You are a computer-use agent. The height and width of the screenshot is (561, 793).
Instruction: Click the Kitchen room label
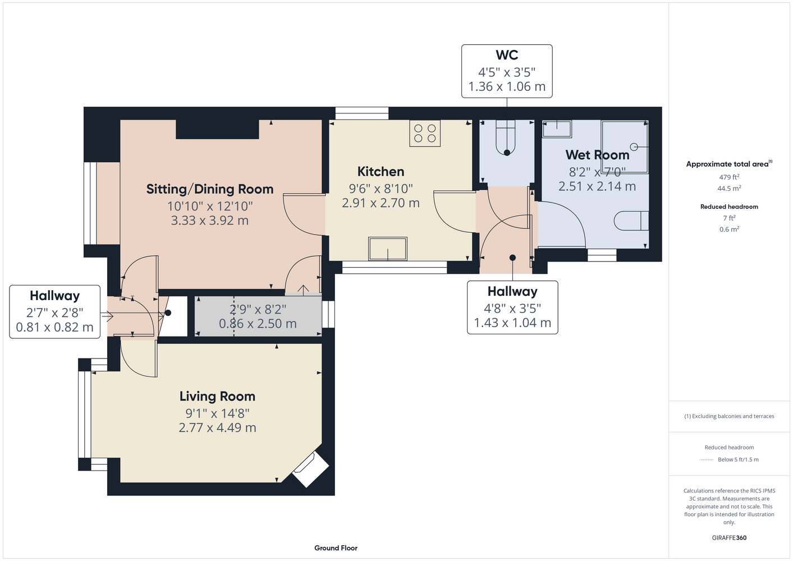(x=381, y=172)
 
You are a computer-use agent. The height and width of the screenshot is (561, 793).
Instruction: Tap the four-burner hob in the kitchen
(x=425, y=134)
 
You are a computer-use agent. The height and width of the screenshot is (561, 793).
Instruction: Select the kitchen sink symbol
(x=388, y=249)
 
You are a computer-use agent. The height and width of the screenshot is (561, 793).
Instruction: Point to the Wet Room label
(x=597, y=155)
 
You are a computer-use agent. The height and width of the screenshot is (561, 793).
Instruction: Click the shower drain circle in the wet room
(x=634, y=146)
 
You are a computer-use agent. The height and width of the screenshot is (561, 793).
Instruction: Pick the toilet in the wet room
(x=631, y=221)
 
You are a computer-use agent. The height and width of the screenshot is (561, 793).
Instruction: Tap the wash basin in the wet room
(x=557, y=129)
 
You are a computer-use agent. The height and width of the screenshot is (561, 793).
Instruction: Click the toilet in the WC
(x=507, y=137)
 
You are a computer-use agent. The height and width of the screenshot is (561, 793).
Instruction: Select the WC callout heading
(x=507, y=55)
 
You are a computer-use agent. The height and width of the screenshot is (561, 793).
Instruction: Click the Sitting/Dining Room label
(x=210, y=189)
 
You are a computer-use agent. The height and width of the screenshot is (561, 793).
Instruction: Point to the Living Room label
(x=217, y=397)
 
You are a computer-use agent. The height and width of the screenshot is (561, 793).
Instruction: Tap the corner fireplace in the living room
(x=310, y=470)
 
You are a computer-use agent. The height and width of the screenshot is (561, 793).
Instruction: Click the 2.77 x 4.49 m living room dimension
(x=217, y=427)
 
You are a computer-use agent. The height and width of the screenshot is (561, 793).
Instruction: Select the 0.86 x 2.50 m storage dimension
(x=258, y=324)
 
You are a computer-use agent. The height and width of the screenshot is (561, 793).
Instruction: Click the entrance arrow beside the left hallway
(x=107, y=316)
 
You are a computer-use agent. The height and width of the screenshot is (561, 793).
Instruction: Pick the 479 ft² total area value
(x=729, y=177)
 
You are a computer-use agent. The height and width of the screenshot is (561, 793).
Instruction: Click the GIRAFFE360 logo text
(x=729, y=537)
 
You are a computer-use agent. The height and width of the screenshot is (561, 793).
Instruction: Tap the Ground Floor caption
(x=336, y=548)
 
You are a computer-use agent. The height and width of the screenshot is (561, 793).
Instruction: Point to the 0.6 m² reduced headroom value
(x=729, y=229)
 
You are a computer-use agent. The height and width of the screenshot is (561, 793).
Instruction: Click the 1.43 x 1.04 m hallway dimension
(x=512, y=323)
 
